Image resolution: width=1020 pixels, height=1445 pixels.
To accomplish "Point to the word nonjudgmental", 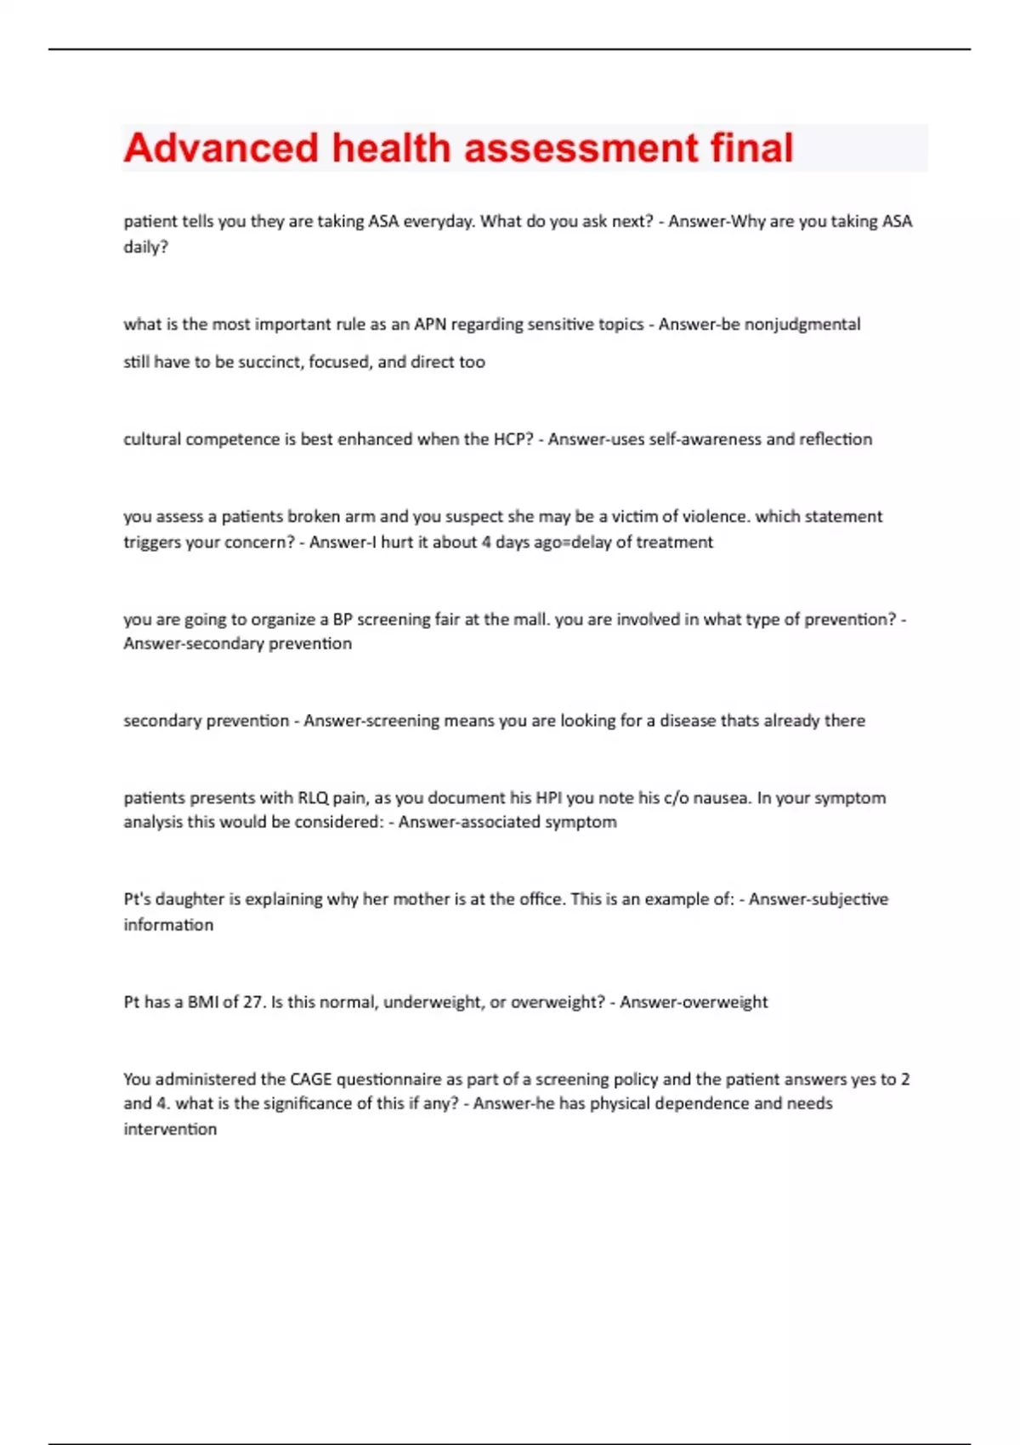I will [802, 324].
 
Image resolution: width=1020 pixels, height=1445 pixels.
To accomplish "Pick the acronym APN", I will [430, 324].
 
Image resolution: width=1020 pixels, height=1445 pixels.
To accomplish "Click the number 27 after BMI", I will [253, 1002].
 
